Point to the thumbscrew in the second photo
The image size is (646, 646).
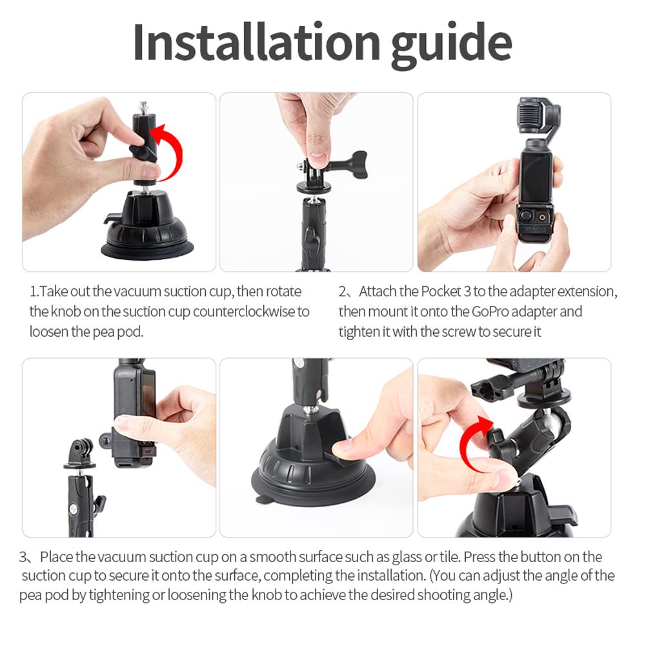(352, 165)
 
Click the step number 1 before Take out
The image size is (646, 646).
(33, 292)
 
